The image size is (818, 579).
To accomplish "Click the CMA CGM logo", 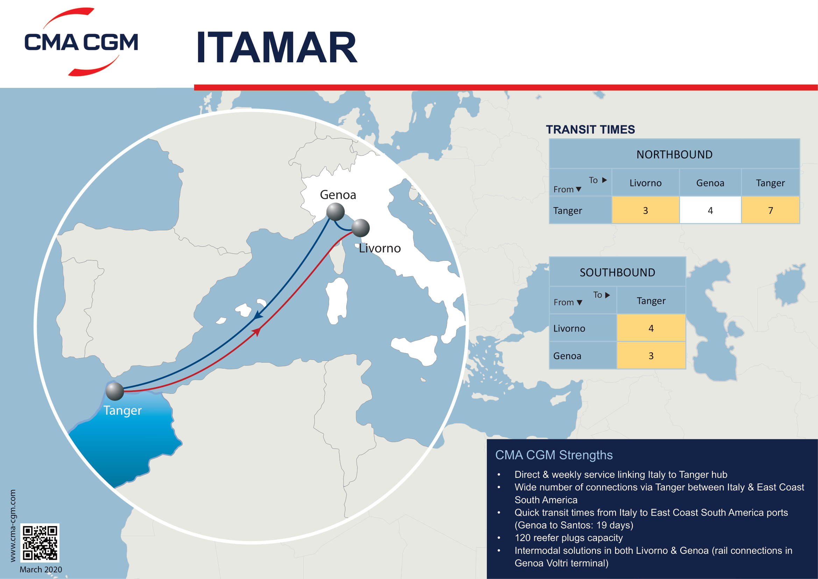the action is coord(81,42).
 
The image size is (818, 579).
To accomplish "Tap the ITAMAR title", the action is coord(277,47).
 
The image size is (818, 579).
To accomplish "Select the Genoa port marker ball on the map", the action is coord(335,212).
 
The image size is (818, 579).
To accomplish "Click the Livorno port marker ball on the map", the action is coord(360,228).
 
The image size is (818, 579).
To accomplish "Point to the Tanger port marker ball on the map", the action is coord(115,391).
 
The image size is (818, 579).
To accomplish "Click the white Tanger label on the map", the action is coord(122,410).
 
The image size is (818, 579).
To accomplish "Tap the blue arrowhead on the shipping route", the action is coord(258,315).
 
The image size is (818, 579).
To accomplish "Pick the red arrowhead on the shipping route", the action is coord(256,332).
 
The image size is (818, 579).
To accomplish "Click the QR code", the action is coord(40,543).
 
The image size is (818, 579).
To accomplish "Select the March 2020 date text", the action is coord(41,570).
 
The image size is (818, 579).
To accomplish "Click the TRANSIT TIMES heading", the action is coord(590,130).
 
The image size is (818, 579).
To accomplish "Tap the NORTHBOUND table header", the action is coord(674,154).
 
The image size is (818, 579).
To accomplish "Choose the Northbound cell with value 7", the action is coord(770,210).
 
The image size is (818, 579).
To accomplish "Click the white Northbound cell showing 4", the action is coord(710,210).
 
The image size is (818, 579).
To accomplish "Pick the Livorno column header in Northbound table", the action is coord(645,183).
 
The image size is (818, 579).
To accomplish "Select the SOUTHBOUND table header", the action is coord(617,272).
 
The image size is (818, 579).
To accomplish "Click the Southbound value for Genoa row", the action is coord(651,355).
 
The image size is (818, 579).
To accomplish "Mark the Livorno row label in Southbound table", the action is coord(569,328).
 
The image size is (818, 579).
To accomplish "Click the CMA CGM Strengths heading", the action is coord(554,455).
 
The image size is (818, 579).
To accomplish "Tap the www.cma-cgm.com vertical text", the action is coord(13,525).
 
